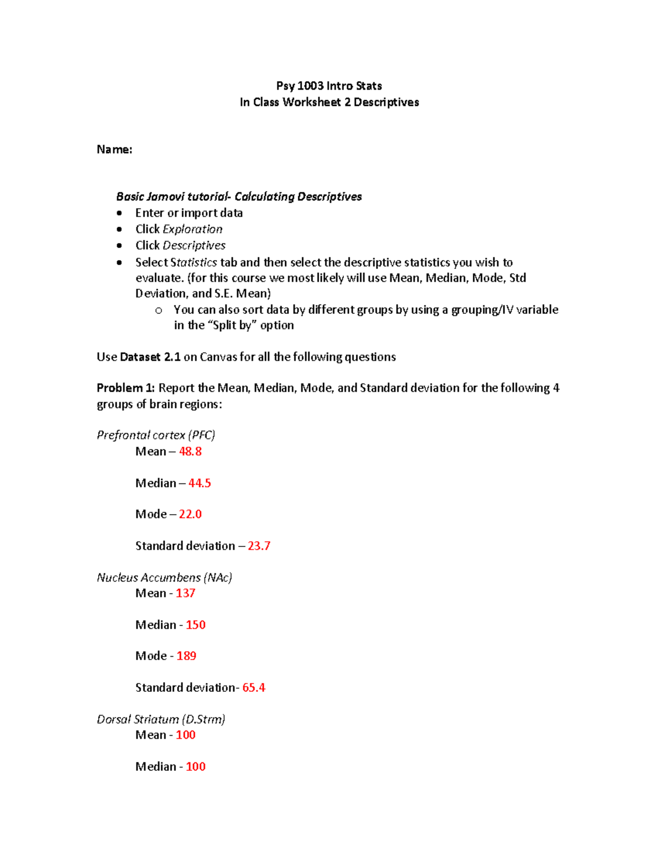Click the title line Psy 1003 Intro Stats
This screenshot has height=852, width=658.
coord(329,86)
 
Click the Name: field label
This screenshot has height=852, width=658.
coord(114,149)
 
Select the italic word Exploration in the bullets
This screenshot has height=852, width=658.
coord(192,229)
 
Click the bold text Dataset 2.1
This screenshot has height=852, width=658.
coord(150,357)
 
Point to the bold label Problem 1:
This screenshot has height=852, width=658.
coord(126,388)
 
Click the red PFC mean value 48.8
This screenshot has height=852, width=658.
coord(190,452)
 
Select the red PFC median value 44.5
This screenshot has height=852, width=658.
coord(200,483)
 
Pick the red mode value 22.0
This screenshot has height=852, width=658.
coord(190,514)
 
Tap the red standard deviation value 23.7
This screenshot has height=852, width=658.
coord(259,546)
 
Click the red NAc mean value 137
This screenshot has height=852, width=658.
coord(185,593)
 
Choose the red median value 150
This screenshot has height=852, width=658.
coord(195,625)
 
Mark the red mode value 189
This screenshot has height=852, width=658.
coord(186,656)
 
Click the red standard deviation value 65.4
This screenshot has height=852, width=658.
coord(254,687)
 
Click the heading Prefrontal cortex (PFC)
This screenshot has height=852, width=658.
coord(156,435)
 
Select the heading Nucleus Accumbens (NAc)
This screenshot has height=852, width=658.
coord(164,577)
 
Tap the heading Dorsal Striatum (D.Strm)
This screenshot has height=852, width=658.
coord(161,719)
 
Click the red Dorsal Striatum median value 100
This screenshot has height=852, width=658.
coord(195,766)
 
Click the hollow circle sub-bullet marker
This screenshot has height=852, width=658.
coord(158,311)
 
